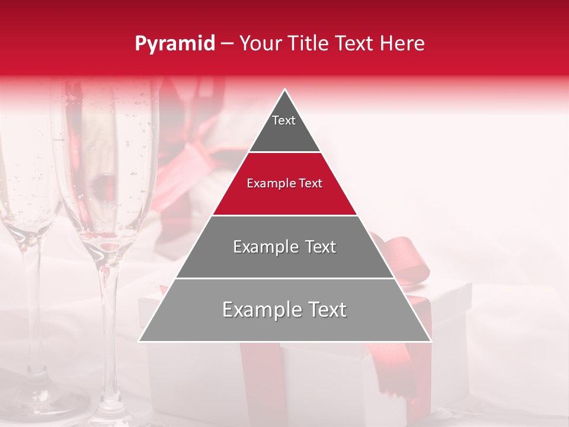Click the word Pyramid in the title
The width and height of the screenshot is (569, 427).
click(x=174, y=44)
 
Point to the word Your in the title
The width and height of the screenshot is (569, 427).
click(x=259, y=44)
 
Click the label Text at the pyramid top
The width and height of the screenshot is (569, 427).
click(x=284, y=120)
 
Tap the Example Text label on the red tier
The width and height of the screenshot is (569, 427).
click(x=284, y=183)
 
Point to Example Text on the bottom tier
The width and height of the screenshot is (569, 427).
click(x=284, y=310)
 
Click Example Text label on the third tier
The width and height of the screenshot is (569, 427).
click(x=284, y=247)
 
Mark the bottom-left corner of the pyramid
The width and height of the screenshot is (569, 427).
click(x=140, y=341)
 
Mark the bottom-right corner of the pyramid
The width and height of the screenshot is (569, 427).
click(x=430, y=341)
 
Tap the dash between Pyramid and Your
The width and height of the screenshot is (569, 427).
click(x=227, y=44)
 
